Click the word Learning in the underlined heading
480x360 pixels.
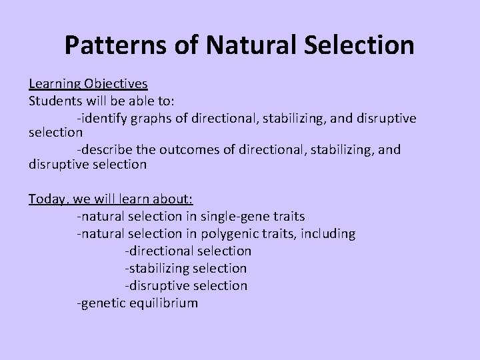55,85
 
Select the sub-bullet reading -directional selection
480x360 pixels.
188,251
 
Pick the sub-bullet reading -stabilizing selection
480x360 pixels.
185,268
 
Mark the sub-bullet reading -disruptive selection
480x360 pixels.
185,285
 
